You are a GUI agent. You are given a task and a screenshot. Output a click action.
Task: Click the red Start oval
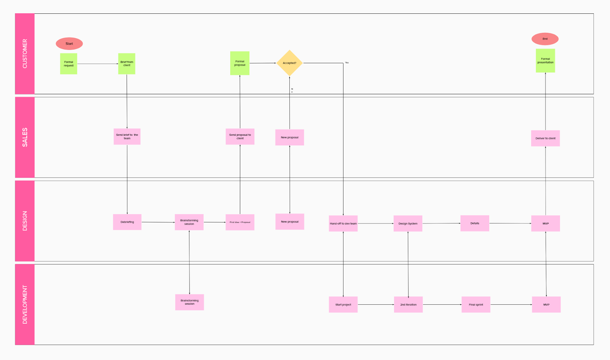click(69, 43)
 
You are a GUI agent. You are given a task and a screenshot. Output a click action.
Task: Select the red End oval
click(545, 39)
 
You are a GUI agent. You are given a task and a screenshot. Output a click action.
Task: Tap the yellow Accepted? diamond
click(289, 63)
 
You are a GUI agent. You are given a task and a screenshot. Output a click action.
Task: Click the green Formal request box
click(69, 64)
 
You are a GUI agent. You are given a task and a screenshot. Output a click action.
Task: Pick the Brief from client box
click(127, 64)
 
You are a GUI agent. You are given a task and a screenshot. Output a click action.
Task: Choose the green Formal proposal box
click(240, 63)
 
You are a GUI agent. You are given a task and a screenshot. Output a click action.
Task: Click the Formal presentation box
click(545, 61)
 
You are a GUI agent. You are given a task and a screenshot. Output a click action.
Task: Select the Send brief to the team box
click(127, 137)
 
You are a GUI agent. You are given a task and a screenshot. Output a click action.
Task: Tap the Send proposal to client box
click(240, 137)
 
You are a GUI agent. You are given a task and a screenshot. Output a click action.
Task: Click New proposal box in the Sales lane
click(289, 137)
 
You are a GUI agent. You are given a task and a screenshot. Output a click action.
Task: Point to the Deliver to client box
click(545, 138)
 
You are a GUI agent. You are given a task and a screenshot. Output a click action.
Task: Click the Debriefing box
click(127, 222)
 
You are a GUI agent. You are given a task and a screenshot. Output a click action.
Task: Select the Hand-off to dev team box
click(343, 223)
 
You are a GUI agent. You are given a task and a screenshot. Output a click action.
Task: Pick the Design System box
click(408, 223)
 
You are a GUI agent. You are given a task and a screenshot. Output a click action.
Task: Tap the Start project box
click(343, 305)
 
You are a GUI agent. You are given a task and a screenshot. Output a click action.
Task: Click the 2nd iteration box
click(408, 305)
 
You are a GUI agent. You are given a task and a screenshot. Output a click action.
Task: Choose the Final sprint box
click(476, 305)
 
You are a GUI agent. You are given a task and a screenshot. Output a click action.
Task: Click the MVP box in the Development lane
click(546, 305)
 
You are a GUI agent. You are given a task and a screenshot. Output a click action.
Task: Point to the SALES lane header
click(25, 137)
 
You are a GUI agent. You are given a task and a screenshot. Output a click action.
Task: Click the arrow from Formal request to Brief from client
click(98, 64)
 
